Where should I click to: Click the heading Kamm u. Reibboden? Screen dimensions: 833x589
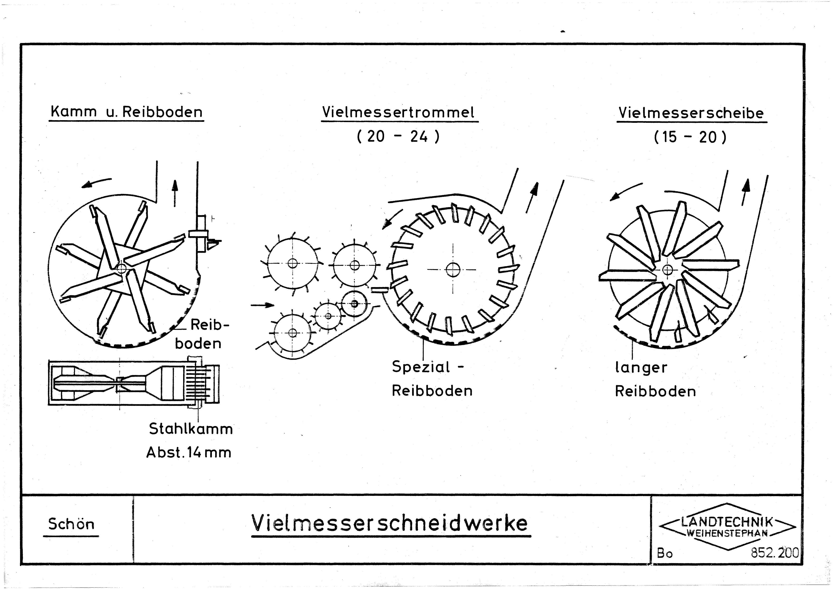(126, 111)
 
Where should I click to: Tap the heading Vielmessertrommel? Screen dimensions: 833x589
(398, 112)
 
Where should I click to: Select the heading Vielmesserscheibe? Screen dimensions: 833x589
(691, 113)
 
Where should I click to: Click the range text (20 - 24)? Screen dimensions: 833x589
(398, 136)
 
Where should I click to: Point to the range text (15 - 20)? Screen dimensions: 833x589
(690, 137)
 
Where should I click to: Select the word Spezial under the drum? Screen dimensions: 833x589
(421, 367)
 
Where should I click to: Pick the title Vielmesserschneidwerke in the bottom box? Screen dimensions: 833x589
(390, 523)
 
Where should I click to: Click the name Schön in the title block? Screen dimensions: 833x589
(71, 524)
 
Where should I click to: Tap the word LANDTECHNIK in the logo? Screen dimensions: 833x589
(727, 522)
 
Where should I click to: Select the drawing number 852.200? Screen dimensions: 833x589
(775, 553)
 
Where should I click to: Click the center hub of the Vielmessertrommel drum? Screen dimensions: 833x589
(453, 270)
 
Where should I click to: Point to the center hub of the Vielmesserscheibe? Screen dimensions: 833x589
(667, 270)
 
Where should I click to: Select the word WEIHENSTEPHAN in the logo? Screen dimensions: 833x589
(727, 533)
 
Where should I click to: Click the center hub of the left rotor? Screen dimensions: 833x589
(122, 268)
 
